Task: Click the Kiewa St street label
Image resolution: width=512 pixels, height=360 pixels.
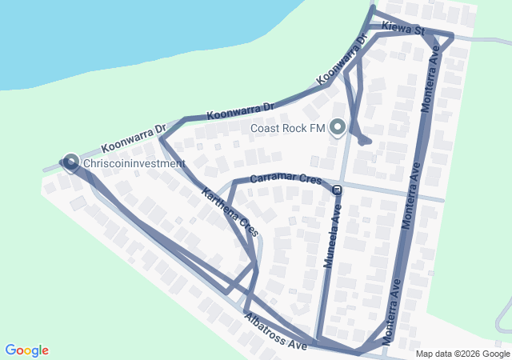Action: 402,28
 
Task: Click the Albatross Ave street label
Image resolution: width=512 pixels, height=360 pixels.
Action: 276,334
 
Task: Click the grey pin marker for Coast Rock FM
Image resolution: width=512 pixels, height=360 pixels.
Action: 338,126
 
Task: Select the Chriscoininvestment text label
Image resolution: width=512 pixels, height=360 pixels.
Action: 134,163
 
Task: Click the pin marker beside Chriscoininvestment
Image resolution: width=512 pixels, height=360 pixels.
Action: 70,162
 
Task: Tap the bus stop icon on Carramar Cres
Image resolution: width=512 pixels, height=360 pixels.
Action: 338,190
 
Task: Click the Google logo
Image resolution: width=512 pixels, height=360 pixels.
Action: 26,350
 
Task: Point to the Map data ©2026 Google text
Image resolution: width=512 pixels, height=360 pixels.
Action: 462,354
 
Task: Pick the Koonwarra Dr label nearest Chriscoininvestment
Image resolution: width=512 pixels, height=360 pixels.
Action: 134,138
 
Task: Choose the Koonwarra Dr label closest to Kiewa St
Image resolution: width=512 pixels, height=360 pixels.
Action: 342,59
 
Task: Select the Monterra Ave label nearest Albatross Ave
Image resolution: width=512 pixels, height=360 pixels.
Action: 391,310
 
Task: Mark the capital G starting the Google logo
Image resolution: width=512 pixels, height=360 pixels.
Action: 10,350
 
